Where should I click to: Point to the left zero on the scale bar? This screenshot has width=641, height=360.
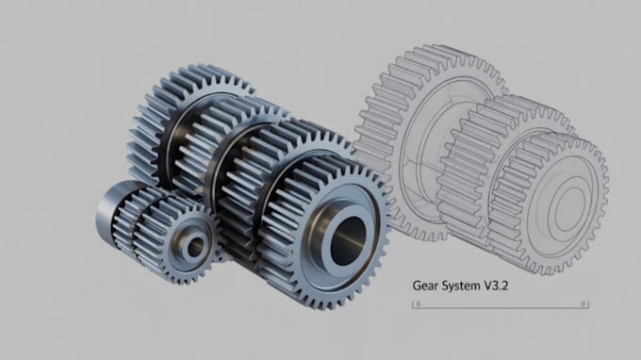[418, 304]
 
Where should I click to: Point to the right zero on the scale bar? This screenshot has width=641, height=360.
[583, 304]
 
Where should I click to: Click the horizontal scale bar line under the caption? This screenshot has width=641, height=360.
[500, 307]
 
